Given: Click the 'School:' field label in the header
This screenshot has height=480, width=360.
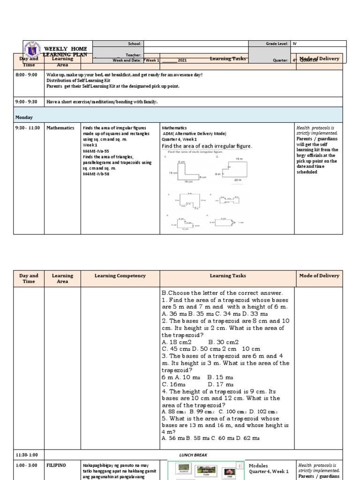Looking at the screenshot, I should [x=135, y=43].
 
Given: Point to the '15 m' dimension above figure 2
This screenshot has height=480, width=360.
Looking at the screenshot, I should [x=239, y=159].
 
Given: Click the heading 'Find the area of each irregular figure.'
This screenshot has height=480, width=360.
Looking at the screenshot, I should [x=207, y=146].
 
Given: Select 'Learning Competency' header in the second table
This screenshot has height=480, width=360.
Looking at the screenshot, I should [x=120, y=276].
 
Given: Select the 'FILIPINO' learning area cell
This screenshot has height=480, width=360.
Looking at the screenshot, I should [x=56, y=465].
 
